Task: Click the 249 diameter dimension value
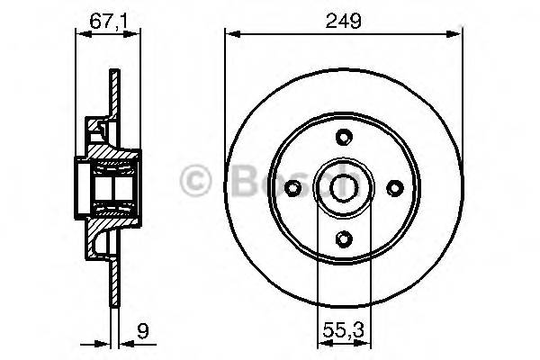[x=344, y=20]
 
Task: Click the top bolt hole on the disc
[x=343, y=137]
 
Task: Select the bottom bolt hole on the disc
[x=343, y=238]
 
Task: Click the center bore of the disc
[x=343, y=188]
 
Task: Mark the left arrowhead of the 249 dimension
[x=230, y=35]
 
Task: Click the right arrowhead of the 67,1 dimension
[x=137, y=35]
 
